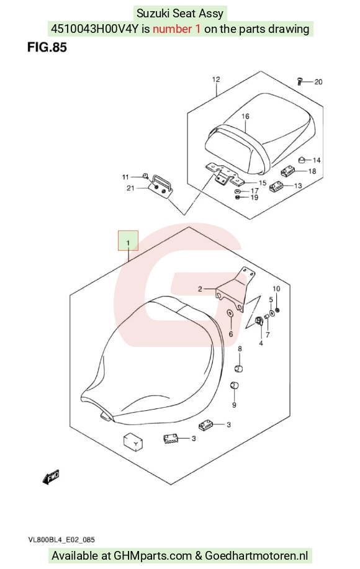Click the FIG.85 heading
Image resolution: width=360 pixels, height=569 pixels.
[47, 47]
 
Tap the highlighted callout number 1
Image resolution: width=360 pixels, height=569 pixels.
[128, 242]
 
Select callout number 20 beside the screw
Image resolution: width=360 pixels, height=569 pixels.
[318, 82]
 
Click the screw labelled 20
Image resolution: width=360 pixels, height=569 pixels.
[300, 81]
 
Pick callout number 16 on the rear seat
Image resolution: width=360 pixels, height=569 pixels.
[245, 116]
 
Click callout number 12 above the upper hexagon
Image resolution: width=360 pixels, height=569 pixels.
[216, 79]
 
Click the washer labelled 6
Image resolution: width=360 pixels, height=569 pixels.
[230, 313]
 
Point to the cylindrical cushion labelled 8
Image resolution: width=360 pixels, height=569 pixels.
[238, 369]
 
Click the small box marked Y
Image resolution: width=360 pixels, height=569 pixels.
[133, 442]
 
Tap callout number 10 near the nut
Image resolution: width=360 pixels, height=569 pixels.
[276, 289]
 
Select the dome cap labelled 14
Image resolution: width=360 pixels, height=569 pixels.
[301, 159]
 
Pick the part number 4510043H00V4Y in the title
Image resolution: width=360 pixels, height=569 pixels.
[95, 29]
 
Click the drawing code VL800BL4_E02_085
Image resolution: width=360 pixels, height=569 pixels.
[61, 540]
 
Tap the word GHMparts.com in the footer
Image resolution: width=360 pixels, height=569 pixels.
[153, 555]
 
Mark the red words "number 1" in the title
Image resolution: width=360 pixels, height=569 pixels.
[176, 29]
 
